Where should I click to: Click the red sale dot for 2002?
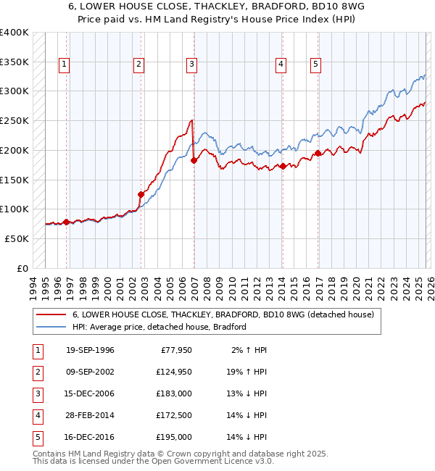point(141,194)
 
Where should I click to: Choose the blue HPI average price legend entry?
point(159,327)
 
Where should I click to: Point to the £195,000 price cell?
point(174,437)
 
